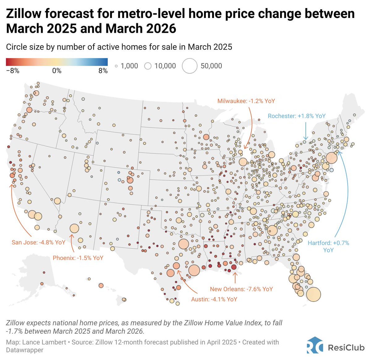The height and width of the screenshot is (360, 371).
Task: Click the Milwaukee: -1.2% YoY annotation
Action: [x=246, y=101]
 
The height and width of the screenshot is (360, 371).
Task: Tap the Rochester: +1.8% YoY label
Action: [x=296, y=116]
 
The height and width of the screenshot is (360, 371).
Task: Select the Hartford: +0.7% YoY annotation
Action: [x=328, y=246]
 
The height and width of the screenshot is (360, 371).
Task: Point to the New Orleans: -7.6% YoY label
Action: [x=241, y=289]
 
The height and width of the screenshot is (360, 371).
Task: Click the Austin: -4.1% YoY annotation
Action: [x=214, y=299]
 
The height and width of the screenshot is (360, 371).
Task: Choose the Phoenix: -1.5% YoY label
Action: [x=78, y=258]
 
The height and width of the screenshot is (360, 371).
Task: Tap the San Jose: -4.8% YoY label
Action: [x=38, y=242]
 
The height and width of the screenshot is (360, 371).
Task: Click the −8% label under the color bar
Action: [x=13, y=71]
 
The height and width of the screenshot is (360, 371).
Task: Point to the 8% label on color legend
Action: [x=103, y=71]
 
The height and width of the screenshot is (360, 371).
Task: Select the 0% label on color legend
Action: [x=57, y=71]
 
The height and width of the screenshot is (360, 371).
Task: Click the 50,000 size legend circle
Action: [x=190, y=66]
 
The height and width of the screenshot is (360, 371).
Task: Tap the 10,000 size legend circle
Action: [x=148, y=66]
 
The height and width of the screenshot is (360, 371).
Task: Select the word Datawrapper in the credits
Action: [x=25, y=350]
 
